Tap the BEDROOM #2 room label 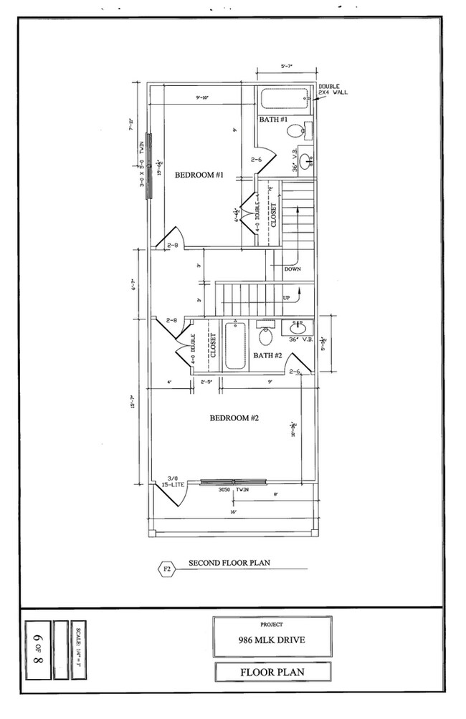pyautogui.click(x=233, y=418)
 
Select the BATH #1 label pyautogui.click(x=273, y=119)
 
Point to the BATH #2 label pyautogui.click(x=268, y=355)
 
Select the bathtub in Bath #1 pyautogui.click(x=283, y=99)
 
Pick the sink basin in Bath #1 pyautogui.click(x=306, y=160)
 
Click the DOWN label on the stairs pyautogui.click(x=293, y=269)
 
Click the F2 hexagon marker pyautogui.click(x=166, y=569)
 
